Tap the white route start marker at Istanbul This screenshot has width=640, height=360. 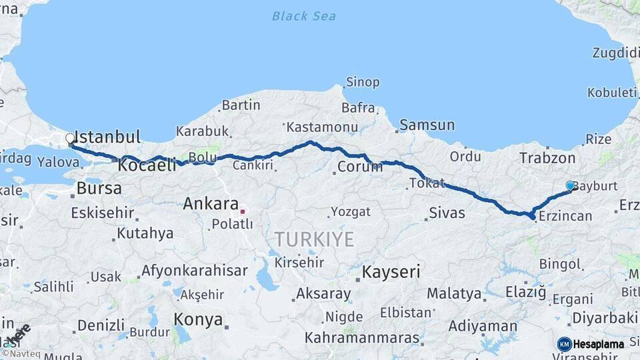[70, 139]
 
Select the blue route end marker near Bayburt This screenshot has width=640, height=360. [570, 186]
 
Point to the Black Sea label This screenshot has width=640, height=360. [304, 16]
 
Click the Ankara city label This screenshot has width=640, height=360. [211, 203]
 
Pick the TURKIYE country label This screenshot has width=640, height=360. [315, 239]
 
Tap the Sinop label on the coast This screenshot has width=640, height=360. [363, 83]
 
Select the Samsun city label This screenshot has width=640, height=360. [427, 125]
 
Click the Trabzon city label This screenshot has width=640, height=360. [547, 159]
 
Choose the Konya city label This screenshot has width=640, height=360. [198, 319]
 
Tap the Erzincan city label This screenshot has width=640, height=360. [565, 216]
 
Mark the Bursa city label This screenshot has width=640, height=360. [99, 188]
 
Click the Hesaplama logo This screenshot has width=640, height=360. [591, 344]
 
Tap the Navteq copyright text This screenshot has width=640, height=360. [22, 353]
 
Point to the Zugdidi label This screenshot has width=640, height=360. [615, 53]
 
